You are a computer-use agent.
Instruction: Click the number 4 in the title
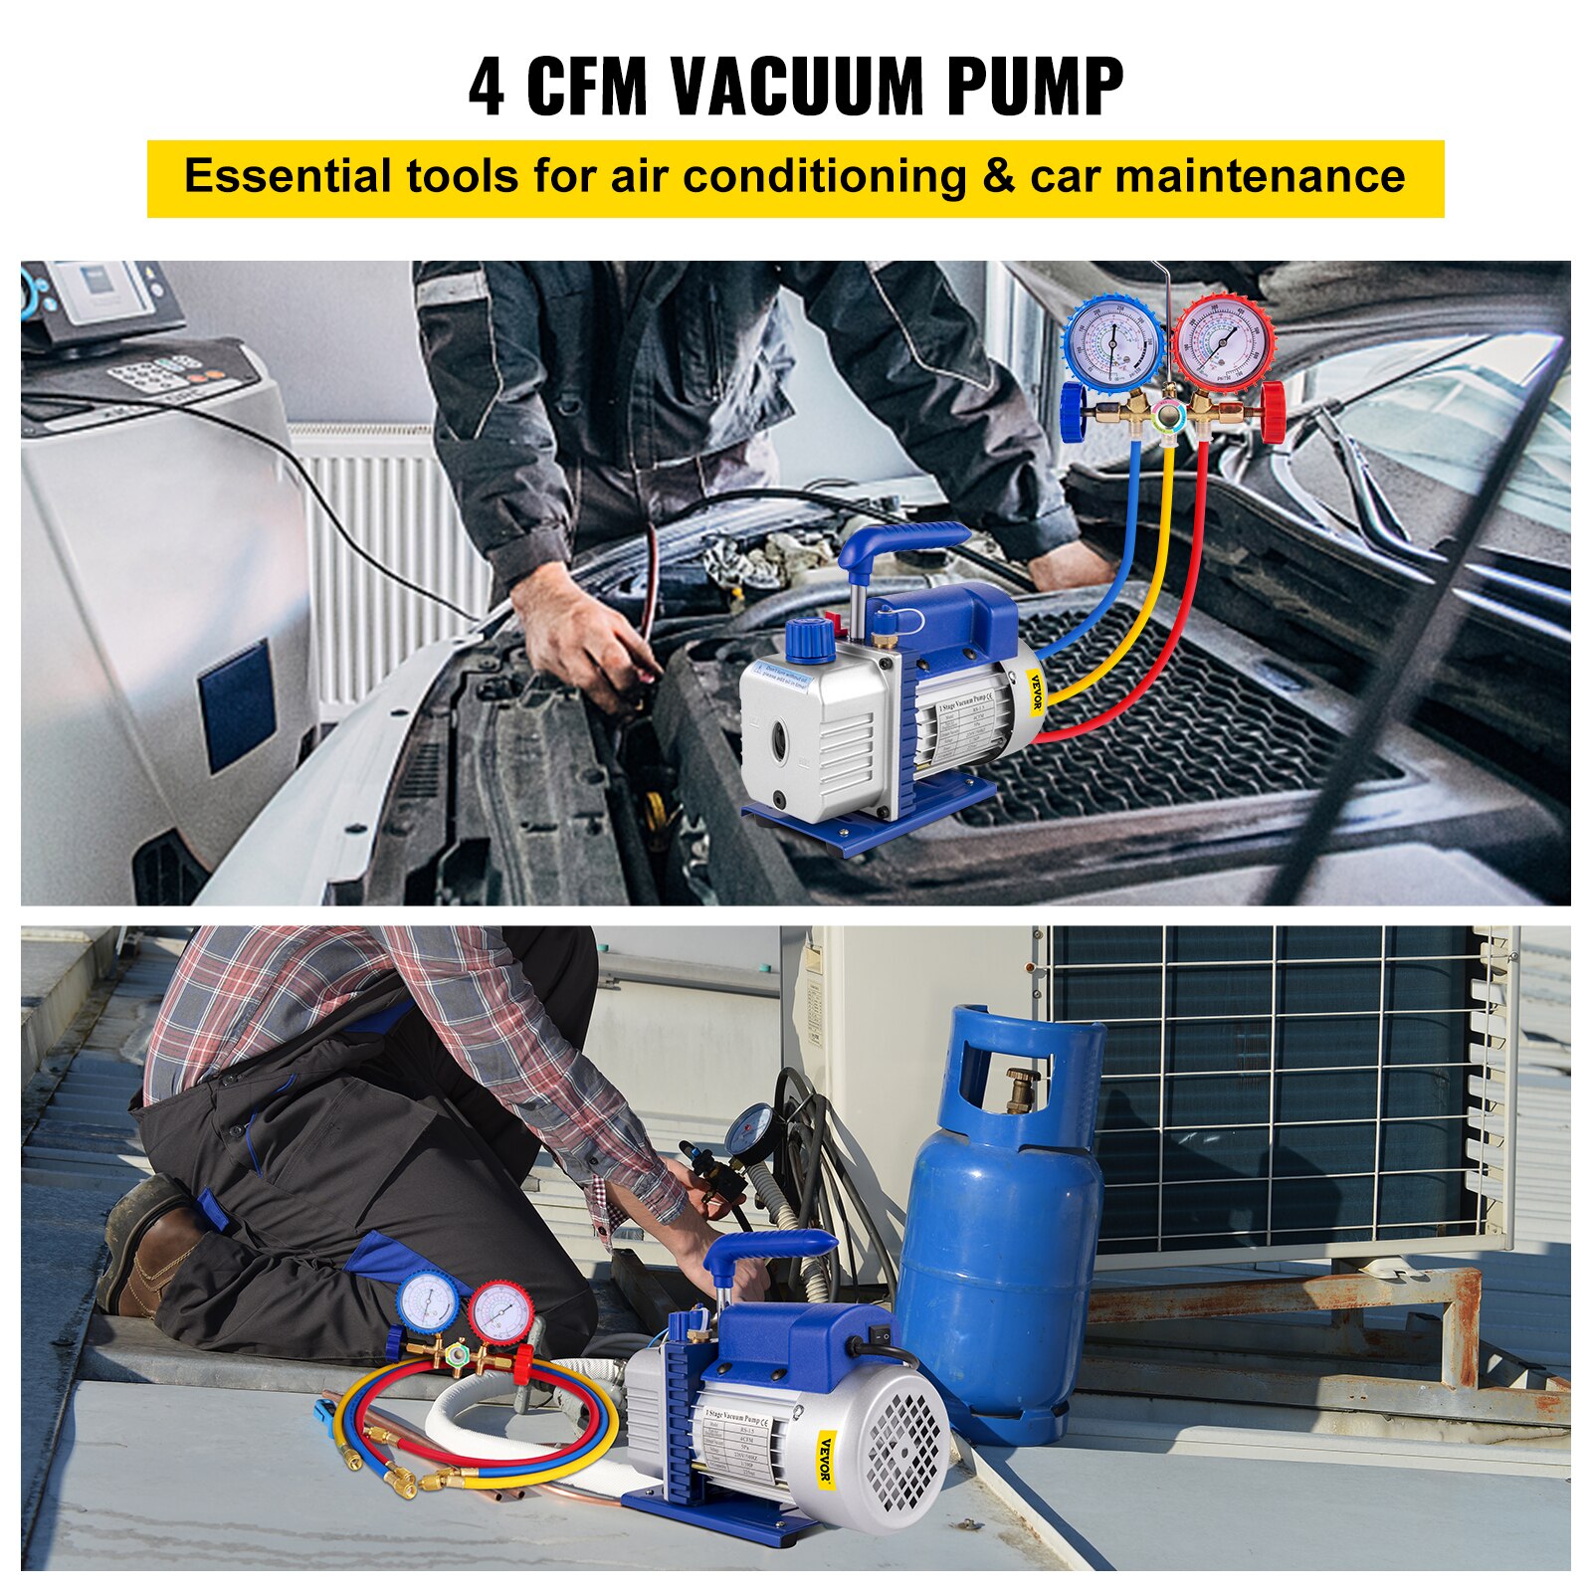pyautogui.click(x=486, y=88)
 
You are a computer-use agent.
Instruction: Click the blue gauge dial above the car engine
pyautogui.click(x=1113, y=341)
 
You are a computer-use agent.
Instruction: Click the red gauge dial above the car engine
pyautogui.click(x=1223, y=341)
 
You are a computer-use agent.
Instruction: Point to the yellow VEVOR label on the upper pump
pyautogui.click(x=1036, y=693)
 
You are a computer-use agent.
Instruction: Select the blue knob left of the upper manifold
pyautogui.click(x=1073, y=413)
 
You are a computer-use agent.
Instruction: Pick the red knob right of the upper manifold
pyautogui.click(x=1273, y=412)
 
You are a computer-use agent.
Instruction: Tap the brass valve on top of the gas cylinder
pyautogui.click(x=1022, y=1090)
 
